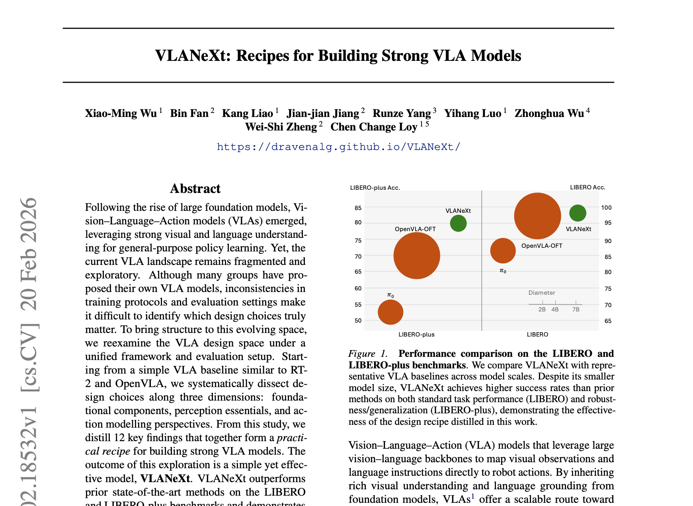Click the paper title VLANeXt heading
pos(338,56)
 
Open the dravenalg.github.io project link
pos(338,147)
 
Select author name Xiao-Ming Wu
pos(121,113)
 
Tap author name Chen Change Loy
pos(374,127)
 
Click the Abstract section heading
pos(195,189)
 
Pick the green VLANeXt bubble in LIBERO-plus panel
pos(458,224)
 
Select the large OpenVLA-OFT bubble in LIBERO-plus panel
pos(417,255)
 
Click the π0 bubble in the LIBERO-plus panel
pos(390,312)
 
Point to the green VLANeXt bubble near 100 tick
pos(578,213)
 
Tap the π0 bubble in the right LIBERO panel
pos(503,251)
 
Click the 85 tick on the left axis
pos(358,208)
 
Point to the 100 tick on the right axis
pos(606,208)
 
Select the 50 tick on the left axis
pos(358,321)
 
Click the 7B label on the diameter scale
pos(576,309)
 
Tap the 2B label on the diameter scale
pos(542,309)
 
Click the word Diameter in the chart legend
pos(542,293)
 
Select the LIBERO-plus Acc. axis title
pos(375,188)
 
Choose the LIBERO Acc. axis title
pos(588,187)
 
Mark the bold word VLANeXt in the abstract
pos(165,479)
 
